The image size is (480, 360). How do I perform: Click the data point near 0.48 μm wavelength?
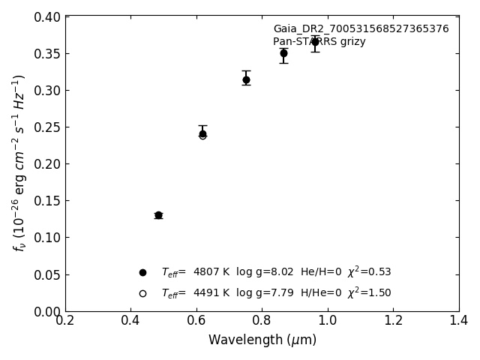click(x=158, y=215)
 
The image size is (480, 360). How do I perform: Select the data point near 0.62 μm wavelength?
click(x=202, y=134)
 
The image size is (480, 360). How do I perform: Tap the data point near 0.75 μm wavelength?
click(x=246, y=79)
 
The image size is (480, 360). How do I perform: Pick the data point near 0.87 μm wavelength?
click(x=283, y=53)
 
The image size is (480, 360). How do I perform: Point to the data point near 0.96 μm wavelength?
click(x=315, y=42)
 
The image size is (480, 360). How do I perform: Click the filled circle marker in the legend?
click(x=142, y=272)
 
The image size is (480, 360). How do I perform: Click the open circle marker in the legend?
click(x=142, y=293)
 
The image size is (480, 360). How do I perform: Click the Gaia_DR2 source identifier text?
click(x=361, y=29)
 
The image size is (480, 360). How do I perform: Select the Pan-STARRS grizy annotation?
click(x=319, y=42)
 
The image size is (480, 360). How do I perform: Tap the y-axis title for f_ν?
click(x=19, y=163)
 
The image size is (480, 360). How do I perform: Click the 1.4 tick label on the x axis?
click(x=459, y=321)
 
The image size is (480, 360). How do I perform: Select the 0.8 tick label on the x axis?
click(x=262, y=321)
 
